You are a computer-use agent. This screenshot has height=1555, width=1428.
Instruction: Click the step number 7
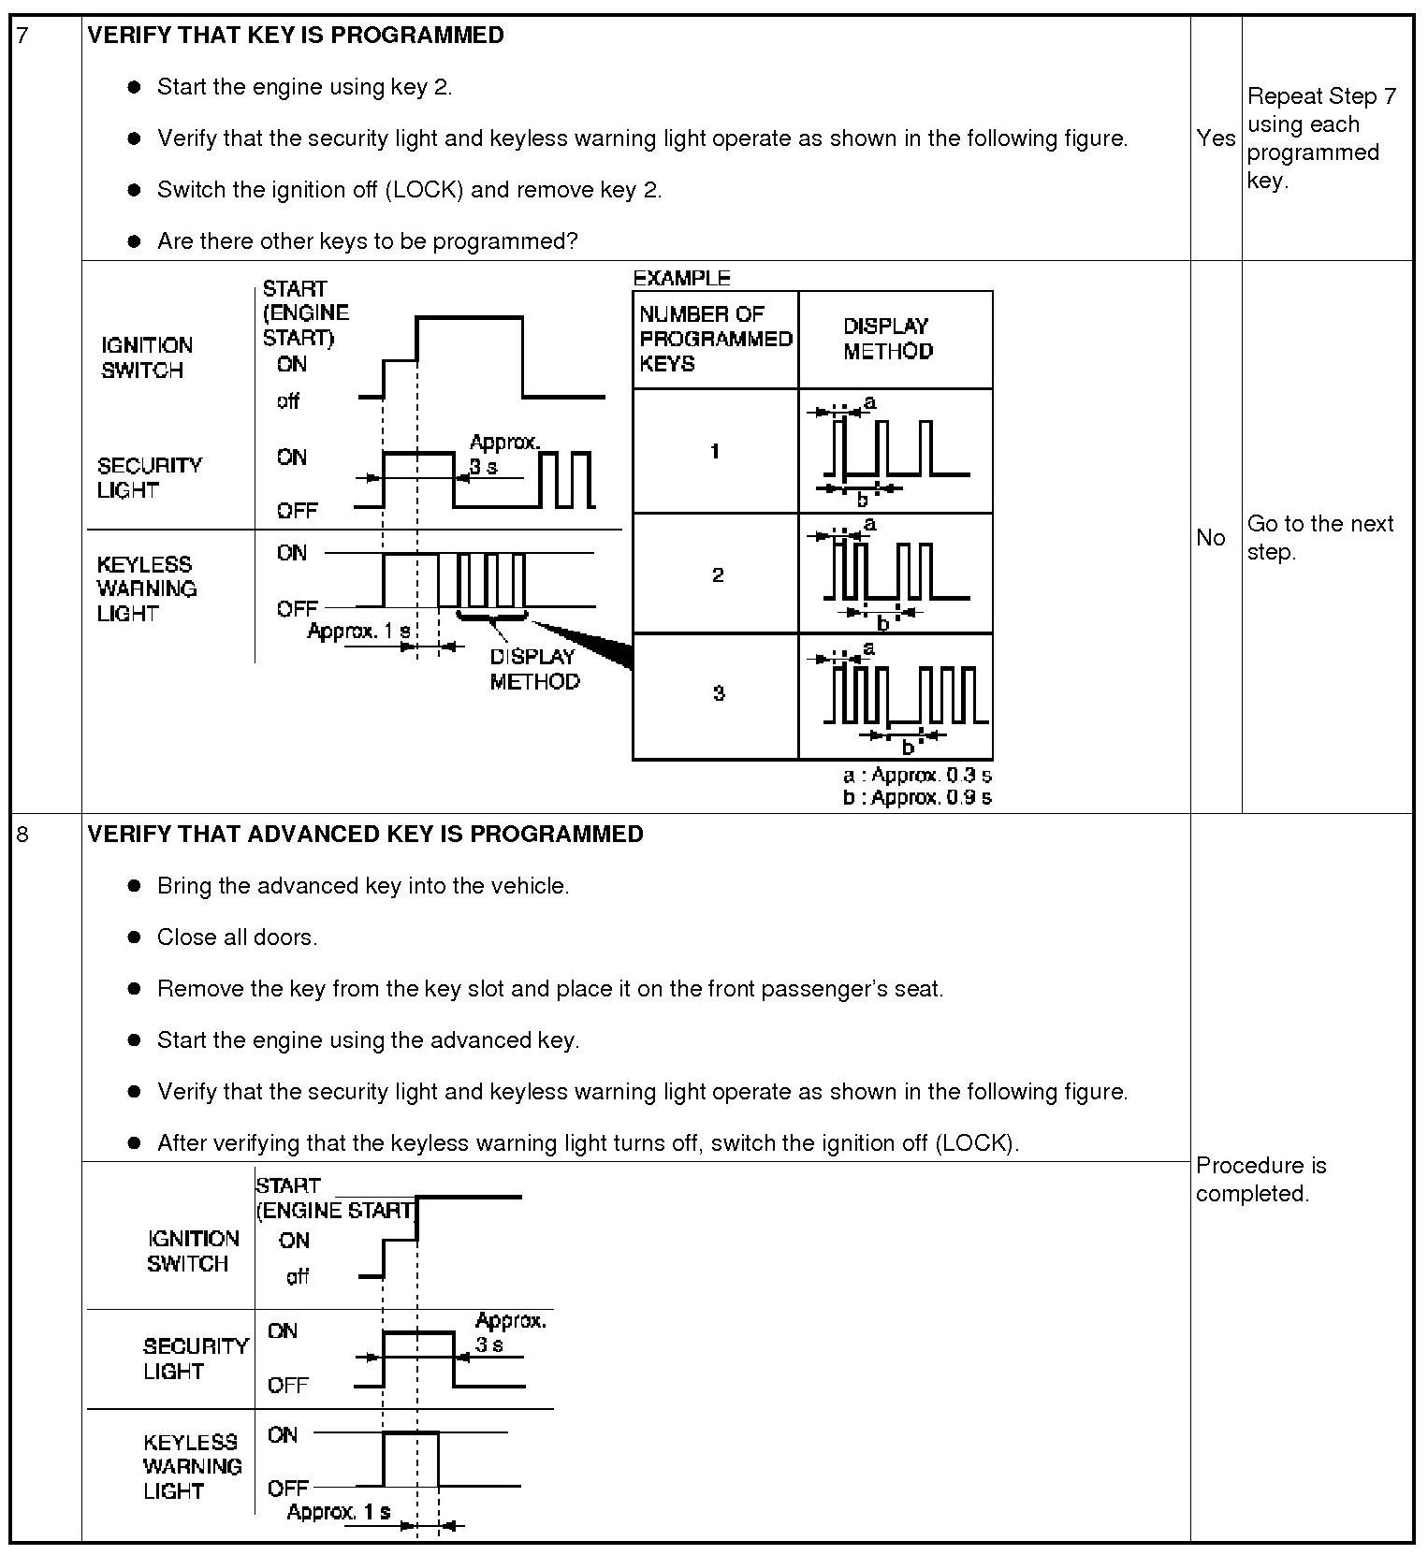click(x=22, y=36)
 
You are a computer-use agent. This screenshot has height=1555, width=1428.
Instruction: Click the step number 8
click(x=22, y=834)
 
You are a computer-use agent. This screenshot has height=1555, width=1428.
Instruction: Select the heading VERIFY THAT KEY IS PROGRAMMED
click(x=296, y=36)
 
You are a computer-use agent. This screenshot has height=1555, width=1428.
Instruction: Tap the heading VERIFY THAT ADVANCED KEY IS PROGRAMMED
click(x=365, y=834)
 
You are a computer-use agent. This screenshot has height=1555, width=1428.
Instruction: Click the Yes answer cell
click(x=1216, y=138)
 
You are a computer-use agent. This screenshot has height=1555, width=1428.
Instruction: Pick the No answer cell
click(x=1211, y=537)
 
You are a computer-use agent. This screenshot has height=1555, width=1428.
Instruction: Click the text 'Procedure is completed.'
click(x=1260, y=1179)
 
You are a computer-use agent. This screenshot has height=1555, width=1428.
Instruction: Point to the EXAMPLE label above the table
click(x=681, y=278)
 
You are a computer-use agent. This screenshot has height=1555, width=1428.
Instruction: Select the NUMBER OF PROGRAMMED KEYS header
click(x=715, y=339)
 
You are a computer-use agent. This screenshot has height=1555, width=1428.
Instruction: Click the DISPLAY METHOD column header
click(x=887, y=339)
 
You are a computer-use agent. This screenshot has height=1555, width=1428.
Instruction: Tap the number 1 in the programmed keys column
click(x=715, y=451)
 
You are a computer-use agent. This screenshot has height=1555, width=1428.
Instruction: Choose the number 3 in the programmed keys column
click(x=718, y=693)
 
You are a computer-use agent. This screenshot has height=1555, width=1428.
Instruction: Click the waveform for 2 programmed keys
click(x=896, y=573)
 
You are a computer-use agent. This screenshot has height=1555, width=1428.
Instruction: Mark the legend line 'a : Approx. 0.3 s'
click(x=917, y=776)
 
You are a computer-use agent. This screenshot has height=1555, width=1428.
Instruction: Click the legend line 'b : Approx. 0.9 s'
click(x=917, y=797)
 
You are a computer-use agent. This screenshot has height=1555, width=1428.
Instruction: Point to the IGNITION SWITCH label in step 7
click(x=147, y=357)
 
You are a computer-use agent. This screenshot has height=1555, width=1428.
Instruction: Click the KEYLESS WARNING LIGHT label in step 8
click(x=192, y=1466)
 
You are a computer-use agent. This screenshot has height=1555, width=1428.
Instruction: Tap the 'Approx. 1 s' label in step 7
click(x=358, y=632)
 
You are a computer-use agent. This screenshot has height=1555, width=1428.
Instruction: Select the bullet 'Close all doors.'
click(x=237, y=937)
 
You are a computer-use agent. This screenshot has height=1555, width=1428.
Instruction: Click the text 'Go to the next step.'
click(x=1319, y=537)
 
